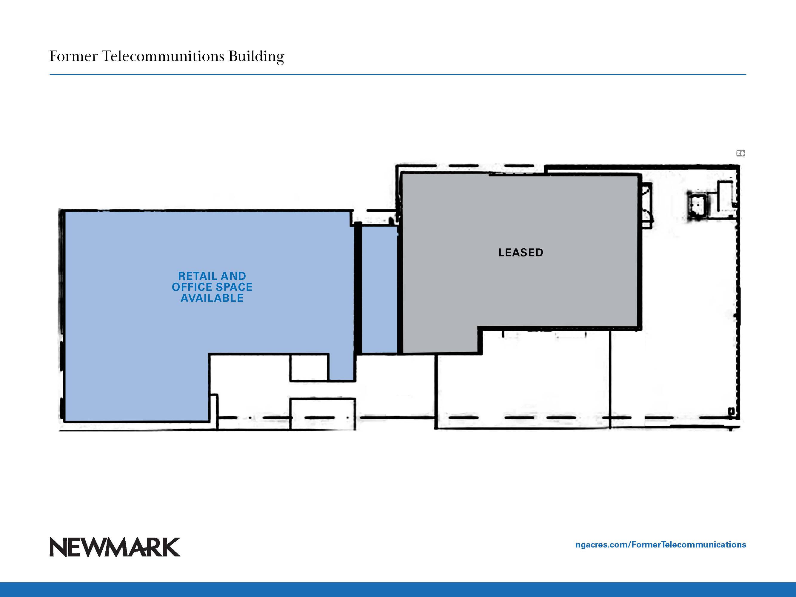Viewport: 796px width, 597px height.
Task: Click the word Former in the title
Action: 73,56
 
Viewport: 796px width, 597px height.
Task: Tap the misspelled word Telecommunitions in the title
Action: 163,56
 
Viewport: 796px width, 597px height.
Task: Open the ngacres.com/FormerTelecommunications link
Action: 661,545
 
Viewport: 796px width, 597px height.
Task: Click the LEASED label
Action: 521,253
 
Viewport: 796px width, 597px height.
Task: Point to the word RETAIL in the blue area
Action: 198,276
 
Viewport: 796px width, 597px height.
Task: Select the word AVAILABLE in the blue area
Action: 212,298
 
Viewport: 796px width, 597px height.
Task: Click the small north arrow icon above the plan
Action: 740,153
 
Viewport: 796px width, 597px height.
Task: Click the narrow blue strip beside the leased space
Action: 379,290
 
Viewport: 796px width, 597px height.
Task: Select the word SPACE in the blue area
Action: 234,287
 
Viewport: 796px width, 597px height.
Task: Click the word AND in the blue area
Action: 233,276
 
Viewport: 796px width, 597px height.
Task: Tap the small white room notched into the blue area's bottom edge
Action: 309,367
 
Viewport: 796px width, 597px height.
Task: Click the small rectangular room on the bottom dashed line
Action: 323,413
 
